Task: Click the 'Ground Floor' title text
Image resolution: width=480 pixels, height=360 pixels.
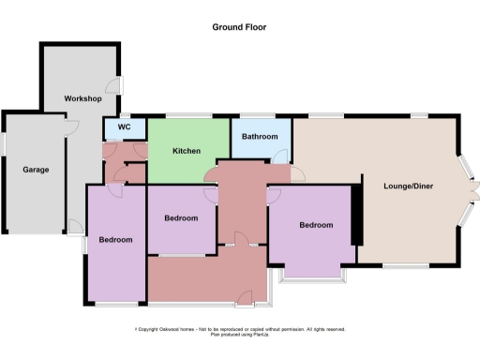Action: [x=239, y=27]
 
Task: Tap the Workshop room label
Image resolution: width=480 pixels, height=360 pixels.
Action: [x=82, y=98]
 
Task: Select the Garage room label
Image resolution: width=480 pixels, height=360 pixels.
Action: [x=36, y=170]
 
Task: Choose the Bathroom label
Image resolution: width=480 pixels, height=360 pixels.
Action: [x=260, y=137]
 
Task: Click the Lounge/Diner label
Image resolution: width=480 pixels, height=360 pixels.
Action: [x=407, y=185]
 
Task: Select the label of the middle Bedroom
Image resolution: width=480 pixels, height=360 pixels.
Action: [x=181, y=218]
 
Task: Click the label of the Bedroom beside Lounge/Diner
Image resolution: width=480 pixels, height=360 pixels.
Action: [x=316, y=225]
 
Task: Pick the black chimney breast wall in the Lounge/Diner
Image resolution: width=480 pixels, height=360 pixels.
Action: [x=356, y=214]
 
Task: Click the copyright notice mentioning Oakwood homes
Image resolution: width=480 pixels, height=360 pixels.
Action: [x=240, y=329]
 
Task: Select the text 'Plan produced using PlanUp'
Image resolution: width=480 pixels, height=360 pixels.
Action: [x=240, y=335]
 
